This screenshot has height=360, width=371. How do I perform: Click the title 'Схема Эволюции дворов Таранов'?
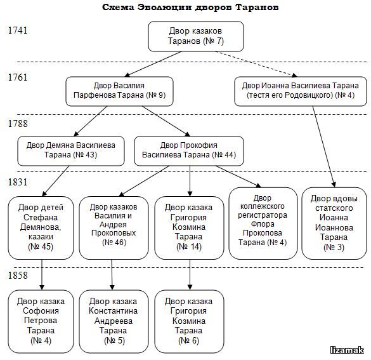pyautogui.click(x=190, y=7)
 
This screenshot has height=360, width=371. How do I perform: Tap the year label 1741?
pyautogui.click(x=18, y=30)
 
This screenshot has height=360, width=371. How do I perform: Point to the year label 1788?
pyautogui.click(x=18, y=124)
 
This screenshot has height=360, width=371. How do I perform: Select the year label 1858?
pyautogui.click(x=18, y=275)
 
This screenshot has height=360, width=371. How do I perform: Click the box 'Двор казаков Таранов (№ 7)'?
pyautogui.click(x=196, y=36)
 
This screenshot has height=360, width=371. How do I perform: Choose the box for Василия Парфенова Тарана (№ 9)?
pyautogui.click(x=119, y=91)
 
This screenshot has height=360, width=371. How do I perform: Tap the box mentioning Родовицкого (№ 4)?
pyautogui.click(x=301, y=91)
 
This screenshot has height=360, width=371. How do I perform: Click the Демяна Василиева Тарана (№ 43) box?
pyautogui.click(x=71, y=151)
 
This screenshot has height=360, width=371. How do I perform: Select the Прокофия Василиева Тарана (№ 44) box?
pyautogui.click(x=189, y=151)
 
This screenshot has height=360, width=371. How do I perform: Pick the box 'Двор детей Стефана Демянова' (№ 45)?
pyautogui.click(x=41, y=228)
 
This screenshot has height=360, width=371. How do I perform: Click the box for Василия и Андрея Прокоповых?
pyautogui.click(x=114, y=228)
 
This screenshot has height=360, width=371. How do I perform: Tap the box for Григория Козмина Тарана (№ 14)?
pyautogui.click(x=189, y=228)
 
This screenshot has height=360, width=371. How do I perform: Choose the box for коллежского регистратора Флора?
pyautogui.click(x=263, y=223)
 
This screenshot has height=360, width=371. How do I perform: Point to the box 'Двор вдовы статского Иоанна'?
pyautogui.click(x=334, y=223)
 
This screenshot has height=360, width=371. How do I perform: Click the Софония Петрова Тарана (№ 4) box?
pyautogui.click(x=41, y=321)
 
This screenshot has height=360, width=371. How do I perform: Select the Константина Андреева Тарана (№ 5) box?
pyautogui.click(x=114, y=321)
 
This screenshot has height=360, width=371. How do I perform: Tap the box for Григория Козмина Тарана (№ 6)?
pyautogui.click(x=189, y=321)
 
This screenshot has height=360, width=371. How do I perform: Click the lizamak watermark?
pyautogui.click(x=348, y=350)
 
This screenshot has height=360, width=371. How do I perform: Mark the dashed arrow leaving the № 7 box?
pyautogui.click(x=256, y=64)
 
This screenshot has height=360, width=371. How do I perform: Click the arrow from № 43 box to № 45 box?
pyautogui.click(x=56, y=181)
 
